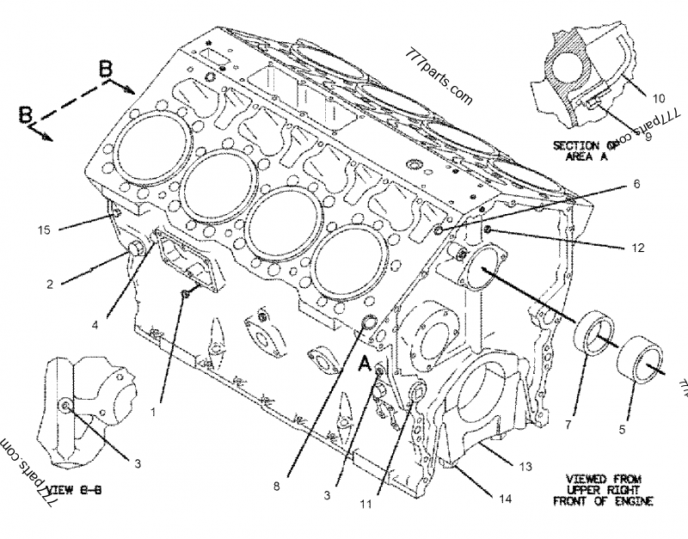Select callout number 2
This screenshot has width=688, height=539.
(x=51, y=283)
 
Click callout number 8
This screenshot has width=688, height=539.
(x=277, y=485)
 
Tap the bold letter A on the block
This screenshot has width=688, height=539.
(x=364, y=365)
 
